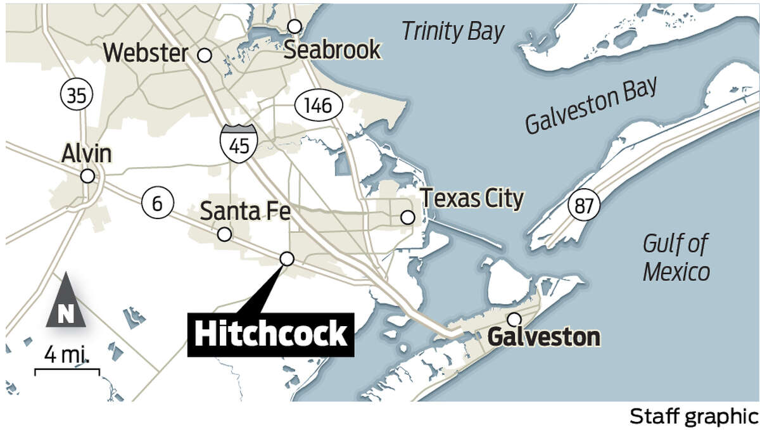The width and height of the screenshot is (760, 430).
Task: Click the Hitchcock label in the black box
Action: tap(271, 334)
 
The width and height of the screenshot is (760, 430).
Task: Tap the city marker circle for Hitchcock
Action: tap(286, 258)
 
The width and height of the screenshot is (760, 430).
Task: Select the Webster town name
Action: tap(146, 53)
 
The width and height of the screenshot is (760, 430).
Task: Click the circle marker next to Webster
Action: tap(204, 55)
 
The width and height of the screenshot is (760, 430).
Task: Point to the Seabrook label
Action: tap(332, 49)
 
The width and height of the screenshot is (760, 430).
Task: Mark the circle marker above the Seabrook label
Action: tap(294, 26)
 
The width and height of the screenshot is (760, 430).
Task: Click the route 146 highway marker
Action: tap(317, 105)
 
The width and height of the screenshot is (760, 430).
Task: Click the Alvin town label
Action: tap(87, 154)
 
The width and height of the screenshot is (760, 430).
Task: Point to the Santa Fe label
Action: tap(245, 211)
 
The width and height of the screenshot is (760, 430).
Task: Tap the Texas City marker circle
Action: tap(408, 218)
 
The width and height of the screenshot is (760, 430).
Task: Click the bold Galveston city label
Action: tap(543, 337)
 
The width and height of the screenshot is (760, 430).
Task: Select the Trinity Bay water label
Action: tap(453, 30)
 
